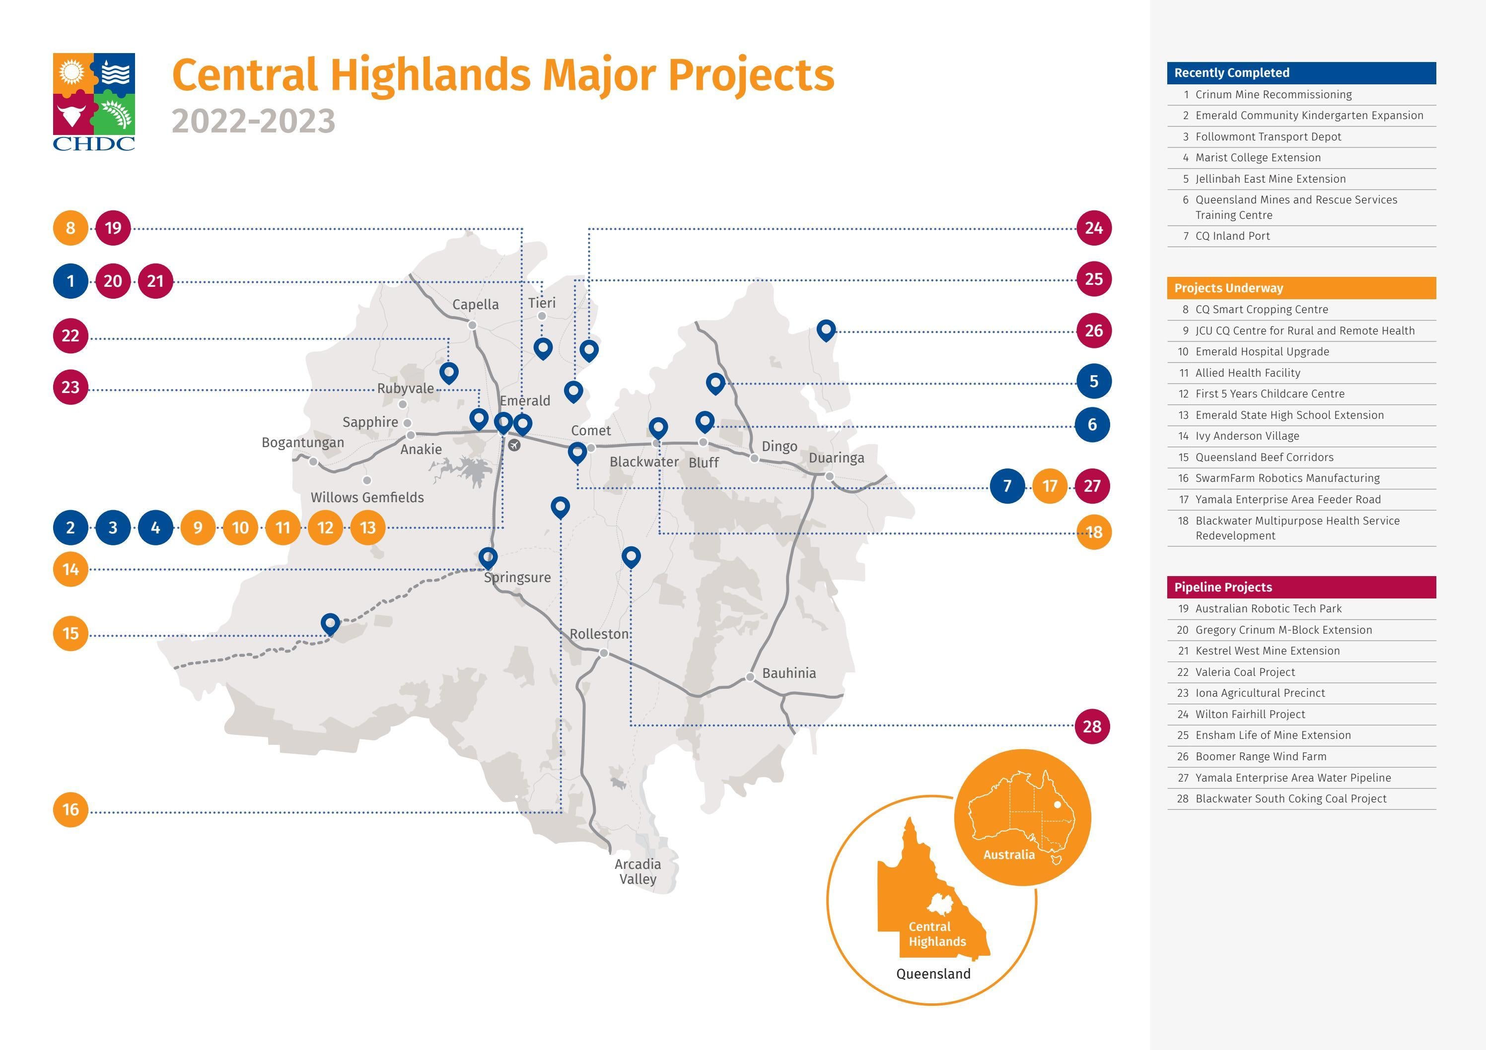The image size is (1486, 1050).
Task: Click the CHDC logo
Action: pyautogui.click(x=94, y=102)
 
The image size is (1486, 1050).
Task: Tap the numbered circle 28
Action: pyautogui.click(x=1092, y=726)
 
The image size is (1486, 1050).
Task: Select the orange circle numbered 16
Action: pyautogui.click(x=71, y=809)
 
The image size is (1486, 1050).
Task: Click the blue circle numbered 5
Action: pyautogui.click(x=1094, y=382)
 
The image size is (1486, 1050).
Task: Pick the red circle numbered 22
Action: pyautogui.click(x=71, y=336)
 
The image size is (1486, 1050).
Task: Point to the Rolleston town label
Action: pyautogui.click(x=599, y=634)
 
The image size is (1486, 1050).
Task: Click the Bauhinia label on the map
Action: pyautogui.click(x=789, y=673)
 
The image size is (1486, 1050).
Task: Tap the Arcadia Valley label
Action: pyautogui.click(x=637, y=871)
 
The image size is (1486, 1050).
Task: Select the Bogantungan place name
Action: pyautogui.click(x=303, y=443)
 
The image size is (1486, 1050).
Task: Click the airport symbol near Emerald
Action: pyautogui.click(x=514, y=445)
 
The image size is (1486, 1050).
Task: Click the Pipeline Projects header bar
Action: pyautogui.click(x=1301, y=588)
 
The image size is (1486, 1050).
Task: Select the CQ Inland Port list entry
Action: pyautogui.click(x=1232, y=236)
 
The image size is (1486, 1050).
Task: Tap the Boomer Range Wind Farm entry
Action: pyautogui.click(x=1261, y=756)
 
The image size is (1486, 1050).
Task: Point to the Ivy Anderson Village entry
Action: pyautogui.click(x=1247, y=436)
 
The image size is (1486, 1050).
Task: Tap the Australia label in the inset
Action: pyautogui.click(x=1009, y=854)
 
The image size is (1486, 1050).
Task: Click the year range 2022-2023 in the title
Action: pyautogui.click(x=253, y=122)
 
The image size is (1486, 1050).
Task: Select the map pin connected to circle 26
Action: pyautogui.click(x=826, y=329)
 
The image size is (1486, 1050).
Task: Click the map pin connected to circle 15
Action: pyautogui.click(x=330, y=623)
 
